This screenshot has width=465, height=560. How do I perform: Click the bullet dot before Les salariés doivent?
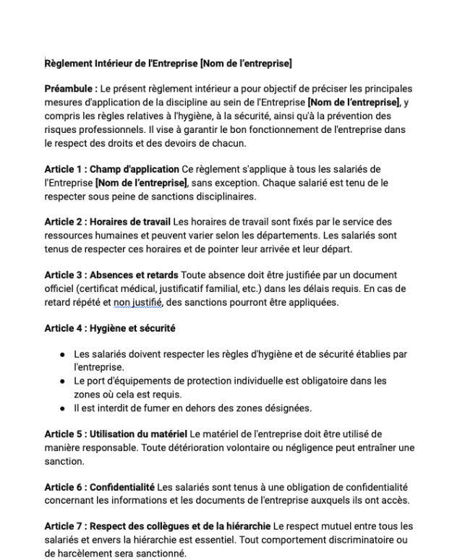click(64, 355)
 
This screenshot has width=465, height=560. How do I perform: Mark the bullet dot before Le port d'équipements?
click(64, 380)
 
